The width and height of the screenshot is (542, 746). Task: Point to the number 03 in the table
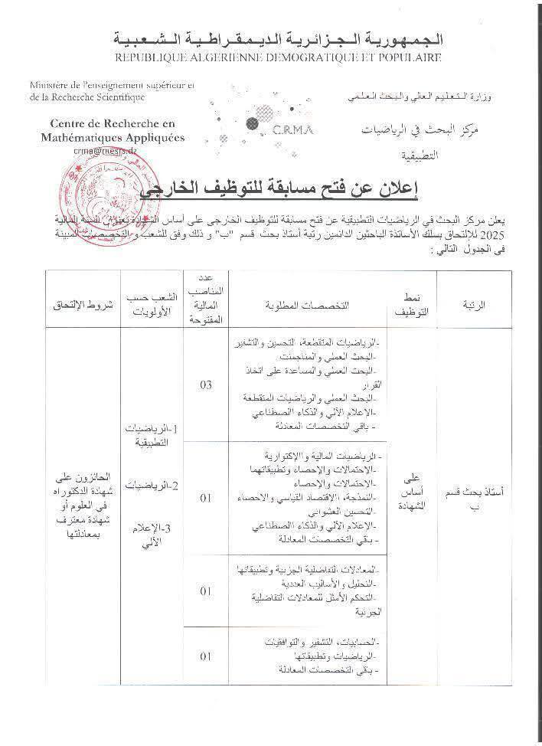205,384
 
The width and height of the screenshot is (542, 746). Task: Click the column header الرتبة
479,303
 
